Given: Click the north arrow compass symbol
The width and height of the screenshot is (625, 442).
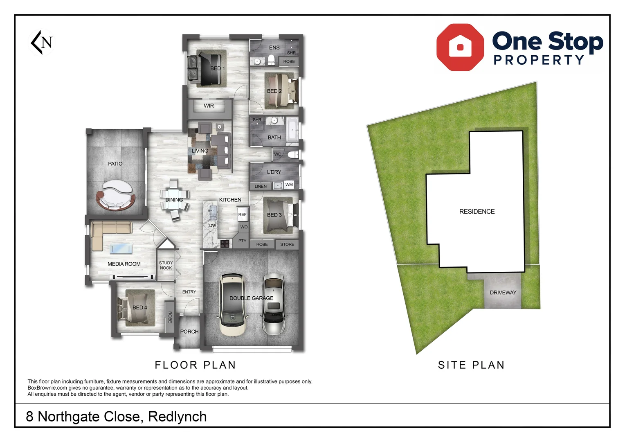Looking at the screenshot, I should pyautogui.click(x=42, y=42).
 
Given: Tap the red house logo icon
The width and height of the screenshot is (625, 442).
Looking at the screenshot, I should pyautogui.click(x=460, y=47).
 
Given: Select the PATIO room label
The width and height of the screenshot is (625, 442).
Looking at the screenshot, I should pyautogui.click(x=115, y=164).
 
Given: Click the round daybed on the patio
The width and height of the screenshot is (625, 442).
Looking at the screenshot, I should pyautogui.click(x=116, y=195).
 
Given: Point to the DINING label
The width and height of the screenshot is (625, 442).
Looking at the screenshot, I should pyautogui.click(x=174, y=200).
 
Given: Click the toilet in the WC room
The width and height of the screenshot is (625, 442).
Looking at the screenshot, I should pyautogui.click(x=292, y=154).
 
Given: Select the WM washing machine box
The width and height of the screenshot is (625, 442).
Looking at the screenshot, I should pyautogui.click(x=289, y=185).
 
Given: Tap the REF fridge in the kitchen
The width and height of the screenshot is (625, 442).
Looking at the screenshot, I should pyautogui.click(x=243, y=214).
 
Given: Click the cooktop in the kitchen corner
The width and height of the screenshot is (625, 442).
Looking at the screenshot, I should pyautogui.click(x=225, y=244).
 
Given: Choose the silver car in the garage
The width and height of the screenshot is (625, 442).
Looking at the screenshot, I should pyautogui.click(x=273, y=304).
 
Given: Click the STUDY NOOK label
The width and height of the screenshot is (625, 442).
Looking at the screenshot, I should pyautogui.click(x=166, y=266).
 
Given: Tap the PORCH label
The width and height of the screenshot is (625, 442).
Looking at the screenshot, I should pyautogui.click(x=189, y=331).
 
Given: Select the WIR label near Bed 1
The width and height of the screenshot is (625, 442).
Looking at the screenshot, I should pyautogui.click(x=209, y=106).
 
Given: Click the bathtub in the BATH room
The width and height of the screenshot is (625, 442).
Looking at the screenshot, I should pyautogui.click(x=292, y=131).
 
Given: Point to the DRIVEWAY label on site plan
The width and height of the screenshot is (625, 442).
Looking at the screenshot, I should pyautogui.click(x=503, y=293).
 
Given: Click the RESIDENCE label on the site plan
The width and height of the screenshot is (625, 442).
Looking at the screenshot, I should pyautogui.click(x=477, y=212).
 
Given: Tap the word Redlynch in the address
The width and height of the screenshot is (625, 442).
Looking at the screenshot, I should pyautogui.click(x=177, y=417).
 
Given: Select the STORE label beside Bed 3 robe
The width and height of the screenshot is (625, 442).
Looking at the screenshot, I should pyautogui.click(x=287, y=244).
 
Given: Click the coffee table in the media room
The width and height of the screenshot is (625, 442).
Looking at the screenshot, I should pyautogui.click(x=121, y=248).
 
